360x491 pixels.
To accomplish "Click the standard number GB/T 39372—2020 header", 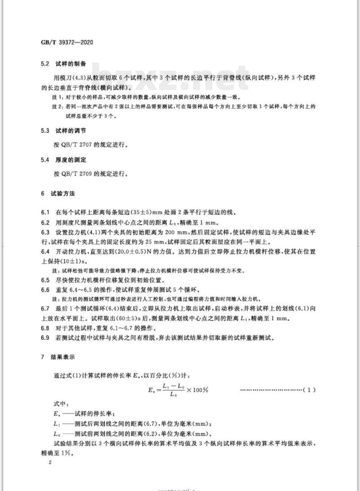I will tap(67, 44).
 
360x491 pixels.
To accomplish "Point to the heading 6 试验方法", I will tap(58, 194).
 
